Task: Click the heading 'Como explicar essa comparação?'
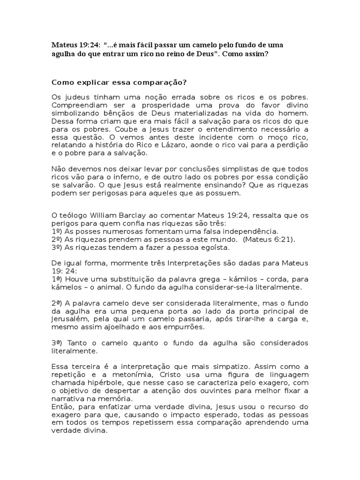pos(119,82)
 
